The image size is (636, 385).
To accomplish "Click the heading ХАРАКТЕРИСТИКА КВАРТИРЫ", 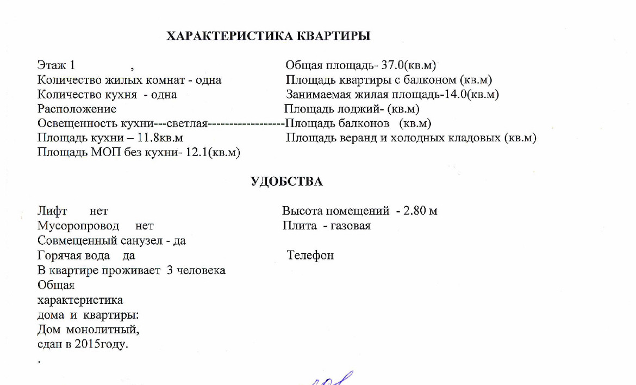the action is point(268,36).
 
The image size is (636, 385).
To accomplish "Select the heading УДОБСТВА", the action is point(286,182).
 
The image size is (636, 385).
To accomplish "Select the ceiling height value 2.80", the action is point(415,210).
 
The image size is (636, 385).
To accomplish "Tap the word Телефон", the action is point(310,255).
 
